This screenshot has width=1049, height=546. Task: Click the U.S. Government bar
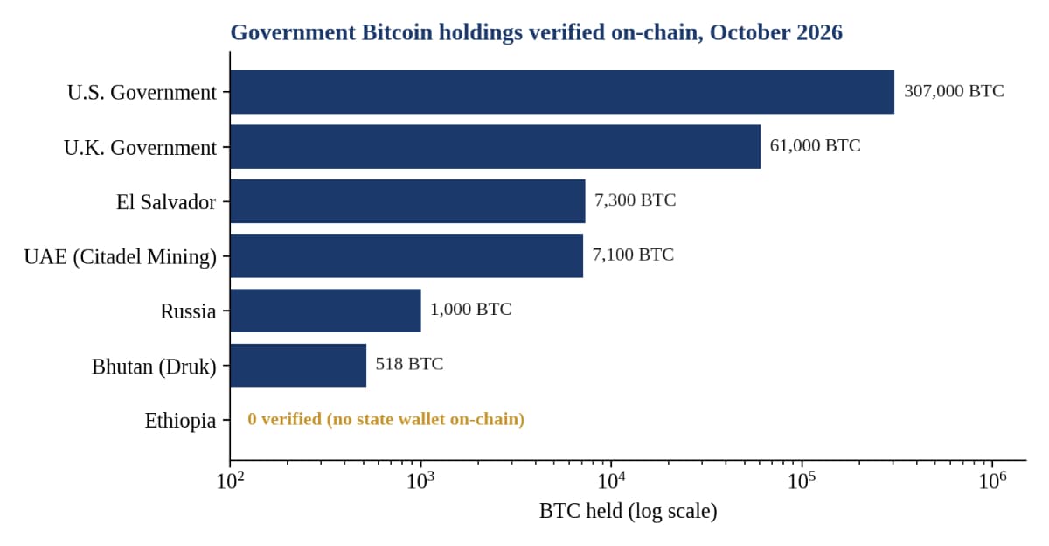click(562, 92)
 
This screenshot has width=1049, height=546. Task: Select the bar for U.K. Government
click(496, 147)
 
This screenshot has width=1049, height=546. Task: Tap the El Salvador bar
click(408, 201)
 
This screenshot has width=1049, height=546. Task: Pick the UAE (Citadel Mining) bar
click(406, 255)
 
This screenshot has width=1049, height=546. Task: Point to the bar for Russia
click(325, 311)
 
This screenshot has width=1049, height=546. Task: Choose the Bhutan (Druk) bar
click(298, 366)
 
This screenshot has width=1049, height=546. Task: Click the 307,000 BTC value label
click(954, 91)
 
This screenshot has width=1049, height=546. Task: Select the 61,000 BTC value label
click(816, 146)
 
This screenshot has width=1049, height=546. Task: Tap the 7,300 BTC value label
click(636, 200)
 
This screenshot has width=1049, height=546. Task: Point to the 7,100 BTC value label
click(633, 255)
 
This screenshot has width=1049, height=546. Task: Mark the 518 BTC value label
click(409, 364)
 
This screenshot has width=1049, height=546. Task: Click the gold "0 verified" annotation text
click(386, 419)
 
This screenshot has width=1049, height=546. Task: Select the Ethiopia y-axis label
click(180, 420)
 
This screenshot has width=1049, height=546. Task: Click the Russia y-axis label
click(188, 311)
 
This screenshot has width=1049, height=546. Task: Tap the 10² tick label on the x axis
click(230, 480)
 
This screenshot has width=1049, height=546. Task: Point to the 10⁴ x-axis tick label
click(611, 480)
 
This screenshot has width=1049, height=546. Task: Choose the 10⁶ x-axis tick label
click(992, 480)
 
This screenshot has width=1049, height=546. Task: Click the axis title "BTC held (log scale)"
click(628, 511)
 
